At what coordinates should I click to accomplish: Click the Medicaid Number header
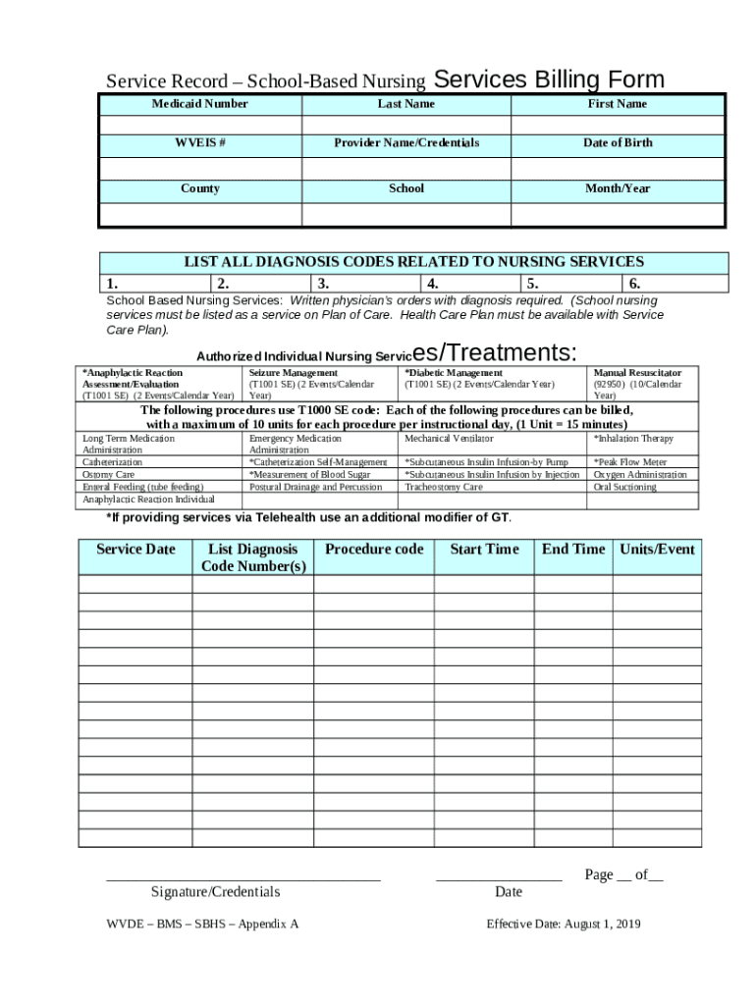click(199, 104)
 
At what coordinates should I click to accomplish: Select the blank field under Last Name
click(405, 125)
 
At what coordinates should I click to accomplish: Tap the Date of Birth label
click(617, 143)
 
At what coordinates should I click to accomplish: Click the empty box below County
click(199, 214)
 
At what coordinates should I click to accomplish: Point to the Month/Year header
click(617, 188)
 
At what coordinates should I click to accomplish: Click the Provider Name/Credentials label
click(405, 143)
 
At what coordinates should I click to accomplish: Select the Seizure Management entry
click(293, 373)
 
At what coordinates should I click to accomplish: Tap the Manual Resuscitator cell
click(637, 373)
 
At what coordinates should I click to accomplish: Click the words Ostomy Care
click(108, 474)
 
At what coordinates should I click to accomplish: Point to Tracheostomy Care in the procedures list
click(443, 487)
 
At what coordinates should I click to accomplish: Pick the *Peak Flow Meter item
click(629, 461)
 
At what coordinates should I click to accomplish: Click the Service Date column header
click(135, 550)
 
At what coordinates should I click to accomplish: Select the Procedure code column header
click(374, 550)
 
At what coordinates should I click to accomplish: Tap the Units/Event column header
click(657, 550)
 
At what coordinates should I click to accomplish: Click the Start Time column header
click(484, 550)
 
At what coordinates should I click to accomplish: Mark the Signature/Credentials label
click(215, 892)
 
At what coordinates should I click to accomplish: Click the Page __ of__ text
click(623, 874)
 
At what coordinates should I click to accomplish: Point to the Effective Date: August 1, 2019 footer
click(564, 925)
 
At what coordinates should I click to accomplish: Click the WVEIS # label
click(199, 143)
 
